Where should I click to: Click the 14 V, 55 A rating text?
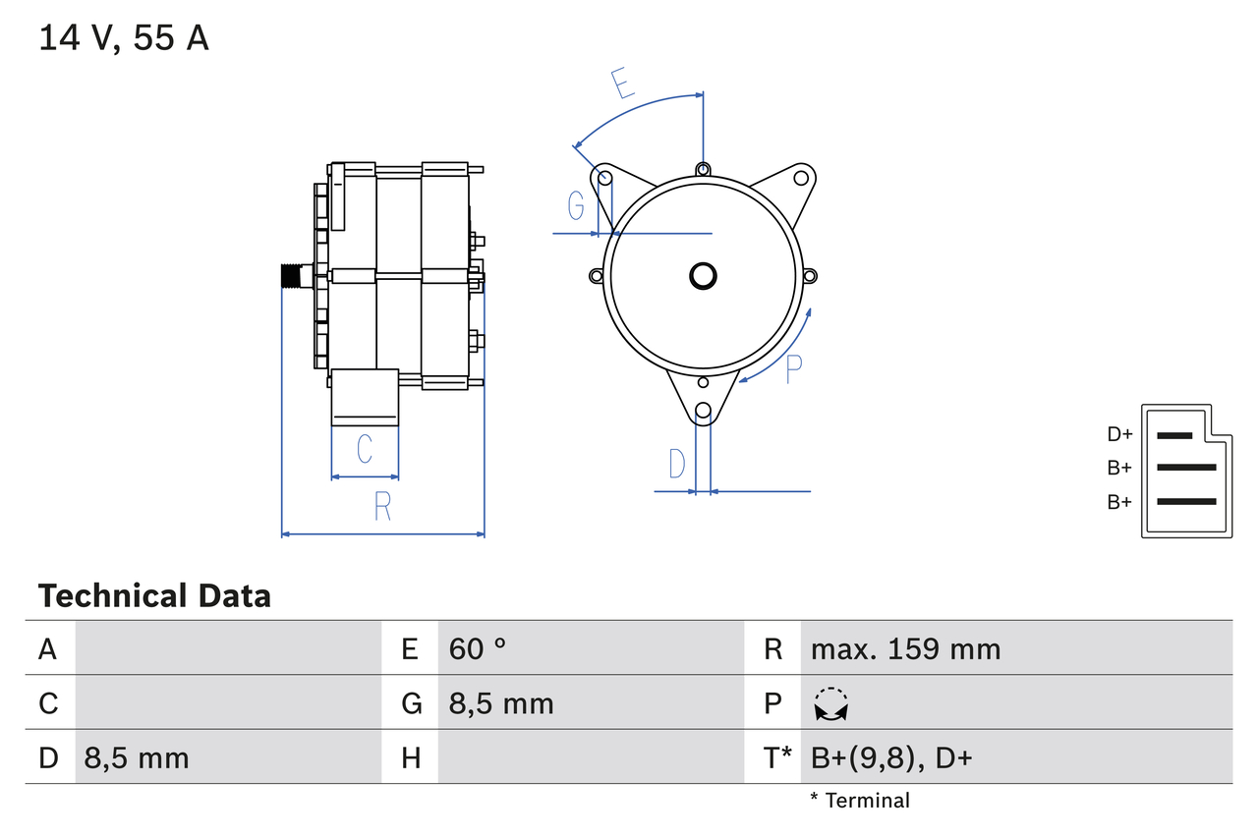[x=124, y=38]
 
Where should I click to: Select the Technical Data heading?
[x=154, y=595]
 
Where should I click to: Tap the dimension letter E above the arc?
[x=621, y=84]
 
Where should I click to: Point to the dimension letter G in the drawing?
[x=576, y=206]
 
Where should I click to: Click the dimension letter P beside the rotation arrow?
[x=794, y=368]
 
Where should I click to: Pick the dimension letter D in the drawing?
[x=676, y=464]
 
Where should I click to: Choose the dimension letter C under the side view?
[x=365, y=450]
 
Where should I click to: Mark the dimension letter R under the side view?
[x=382, y=507]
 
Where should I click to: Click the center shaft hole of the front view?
[x=703, y=276]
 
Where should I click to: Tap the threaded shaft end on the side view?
[x=293, y=276]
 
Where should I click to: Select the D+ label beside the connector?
[x=1119, y=434]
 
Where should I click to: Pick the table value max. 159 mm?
[x=905, y=648]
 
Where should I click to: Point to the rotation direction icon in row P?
[x=830, y=704]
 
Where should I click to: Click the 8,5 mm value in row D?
[x=137, y=757]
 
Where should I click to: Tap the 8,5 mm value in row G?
[x=501, y=703]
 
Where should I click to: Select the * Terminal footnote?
[x=860, y=801]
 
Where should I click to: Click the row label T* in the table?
[x=777, y=757]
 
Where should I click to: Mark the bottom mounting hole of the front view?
[x=703, y=412]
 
